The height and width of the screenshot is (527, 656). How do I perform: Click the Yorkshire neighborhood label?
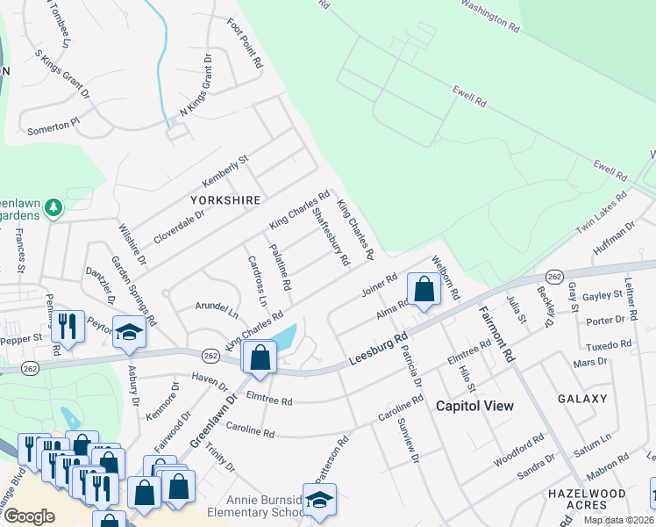click(226, 200)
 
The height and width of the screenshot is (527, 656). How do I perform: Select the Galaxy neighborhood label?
click(581, 399)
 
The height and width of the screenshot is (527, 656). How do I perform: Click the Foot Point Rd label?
click(246, 44)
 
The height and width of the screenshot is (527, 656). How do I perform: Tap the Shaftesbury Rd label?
click(332, 236)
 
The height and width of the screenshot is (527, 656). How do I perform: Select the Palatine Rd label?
click(280, 268)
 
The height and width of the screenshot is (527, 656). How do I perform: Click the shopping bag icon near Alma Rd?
click(424, 289)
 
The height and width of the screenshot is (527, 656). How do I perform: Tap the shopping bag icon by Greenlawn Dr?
click(260, 357)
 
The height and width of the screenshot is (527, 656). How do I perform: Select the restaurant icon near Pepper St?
click(68, 326)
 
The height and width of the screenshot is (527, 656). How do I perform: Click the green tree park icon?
click(53, 207)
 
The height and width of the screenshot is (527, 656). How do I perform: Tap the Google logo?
click(29, 516)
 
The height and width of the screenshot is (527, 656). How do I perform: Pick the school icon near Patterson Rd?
click(319, 498)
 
